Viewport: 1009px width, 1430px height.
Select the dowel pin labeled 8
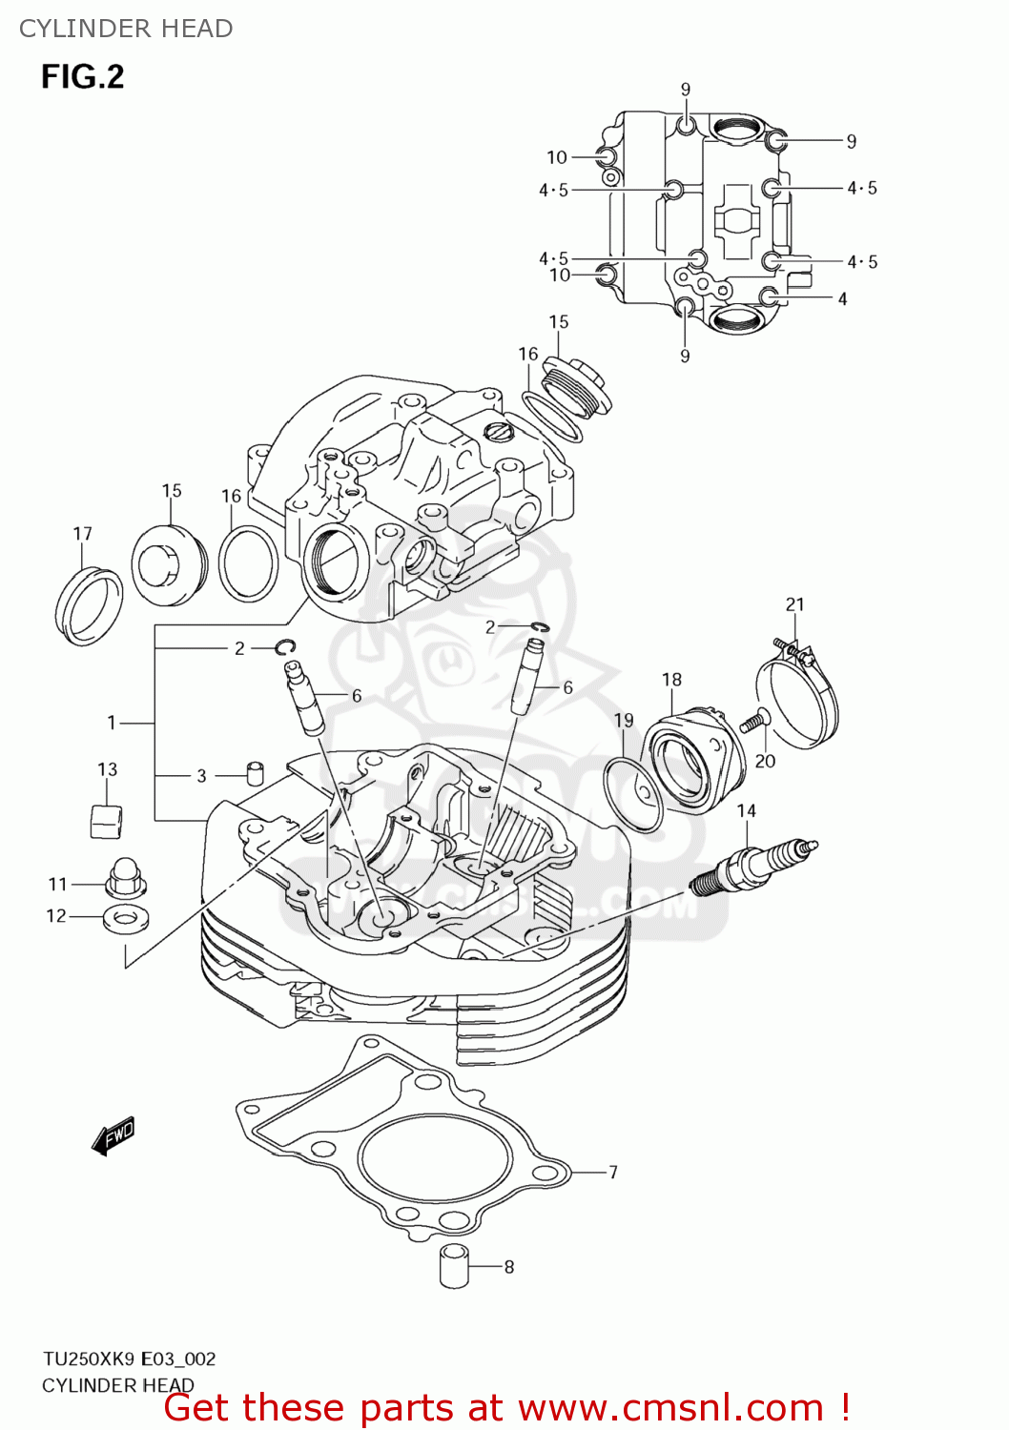coord(454,1266)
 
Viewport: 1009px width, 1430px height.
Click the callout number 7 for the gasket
coord(613,1172)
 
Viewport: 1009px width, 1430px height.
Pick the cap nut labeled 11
coord(123,877)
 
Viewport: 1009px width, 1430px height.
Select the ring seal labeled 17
coord(88,605)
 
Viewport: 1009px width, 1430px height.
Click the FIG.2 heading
coord(82,76)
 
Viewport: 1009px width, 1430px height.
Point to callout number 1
coord(112,723)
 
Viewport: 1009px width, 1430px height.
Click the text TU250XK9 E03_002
coord(129,1358)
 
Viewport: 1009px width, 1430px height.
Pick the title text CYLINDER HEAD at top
coord(126,29)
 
